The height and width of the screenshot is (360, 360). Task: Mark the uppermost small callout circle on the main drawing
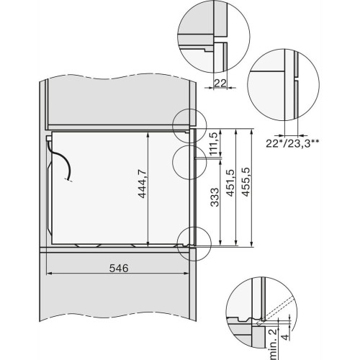(x=189, y=124)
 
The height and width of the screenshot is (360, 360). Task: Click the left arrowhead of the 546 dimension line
(x=48, y=274)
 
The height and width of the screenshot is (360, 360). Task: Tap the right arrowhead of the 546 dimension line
(x=194, y=274)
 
